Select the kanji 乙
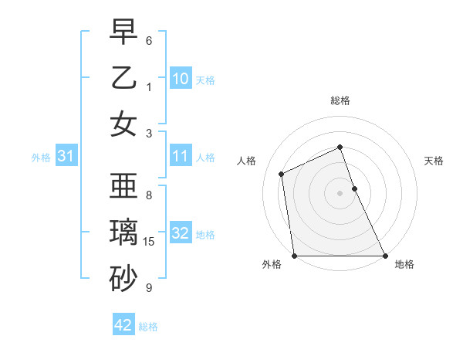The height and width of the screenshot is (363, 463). [x=123, y=77]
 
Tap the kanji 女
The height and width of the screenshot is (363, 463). [x=123, y=124]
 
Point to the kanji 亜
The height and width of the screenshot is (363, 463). [x=123, y=185]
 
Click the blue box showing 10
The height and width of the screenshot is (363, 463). [x=181, y=79]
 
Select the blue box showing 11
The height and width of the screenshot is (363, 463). [x=181, y=157]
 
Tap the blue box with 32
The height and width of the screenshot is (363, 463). [x=181, y=234]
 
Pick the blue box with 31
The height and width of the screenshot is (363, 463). [x=66, y=157]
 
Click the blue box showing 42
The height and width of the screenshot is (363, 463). [x=123, y=325]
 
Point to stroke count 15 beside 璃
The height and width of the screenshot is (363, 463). [x=150, y=242]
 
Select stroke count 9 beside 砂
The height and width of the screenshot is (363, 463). [x=149, y=288]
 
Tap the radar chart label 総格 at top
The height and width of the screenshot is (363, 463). [x=340, y=100]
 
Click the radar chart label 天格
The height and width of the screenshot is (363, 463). [x=434, y=161]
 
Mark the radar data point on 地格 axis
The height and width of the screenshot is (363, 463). [x=384, y=256]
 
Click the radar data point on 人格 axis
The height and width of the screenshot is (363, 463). [x=282, y=174]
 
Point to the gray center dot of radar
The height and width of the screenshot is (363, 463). [x=340, y=193]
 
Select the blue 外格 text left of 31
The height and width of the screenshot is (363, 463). [x=41, y=158]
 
